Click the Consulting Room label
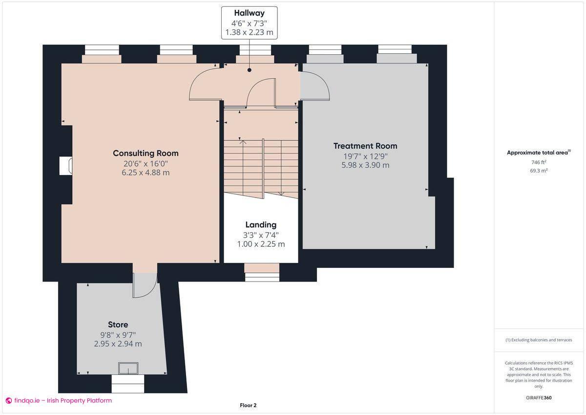pos(146,153)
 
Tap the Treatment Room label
pos(365,146)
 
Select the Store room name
pos(118,325)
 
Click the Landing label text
pos(261,224)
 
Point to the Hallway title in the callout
pos(249,13)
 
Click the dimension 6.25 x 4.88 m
pos(146,173)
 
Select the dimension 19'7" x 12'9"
pos(365,156)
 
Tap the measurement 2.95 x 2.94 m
pos(118,344)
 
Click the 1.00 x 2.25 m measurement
pos(261,244)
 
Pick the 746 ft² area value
pos(539,162)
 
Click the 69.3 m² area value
pos(539,171)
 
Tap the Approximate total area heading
pos(538,153)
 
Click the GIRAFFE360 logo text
pos(539,397)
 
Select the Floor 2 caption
pos(248,405)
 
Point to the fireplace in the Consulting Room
pos(66,166)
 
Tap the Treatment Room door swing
pos(314,87)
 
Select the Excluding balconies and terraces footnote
pos(539,340)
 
